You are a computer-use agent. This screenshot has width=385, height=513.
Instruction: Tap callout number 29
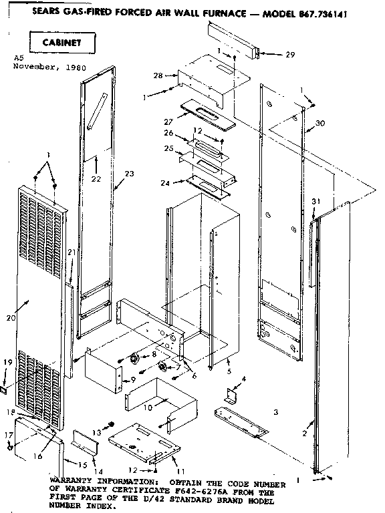tap(289, 55)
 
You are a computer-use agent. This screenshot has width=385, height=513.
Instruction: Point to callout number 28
tap(158, 77)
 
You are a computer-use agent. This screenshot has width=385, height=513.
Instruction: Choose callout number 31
tap(315, 202)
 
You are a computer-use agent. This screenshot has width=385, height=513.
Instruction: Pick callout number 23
tap(128, 174)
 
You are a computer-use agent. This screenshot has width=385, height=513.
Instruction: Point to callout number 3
tap(275, 412)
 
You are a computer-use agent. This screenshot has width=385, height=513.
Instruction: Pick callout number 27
tap(168, 122)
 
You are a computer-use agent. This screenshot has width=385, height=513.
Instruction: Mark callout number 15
tap(83, 465)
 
